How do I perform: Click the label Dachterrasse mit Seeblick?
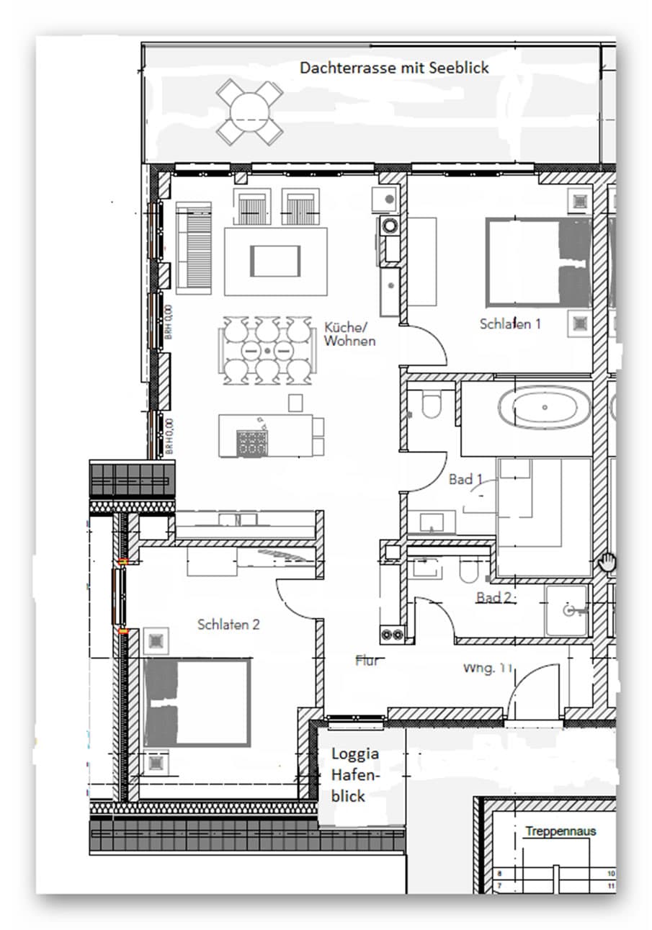[x=394, y=68]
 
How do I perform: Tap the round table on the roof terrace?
[x=250, y=112]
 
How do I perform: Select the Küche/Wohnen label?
[x=349, y=334]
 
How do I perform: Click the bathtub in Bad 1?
[x=544, y=408]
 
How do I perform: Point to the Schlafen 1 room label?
[x=510, y=324]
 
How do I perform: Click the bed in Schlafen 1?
[x=539, y=263]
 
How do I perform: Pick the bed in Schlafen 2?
[x=197, y=702]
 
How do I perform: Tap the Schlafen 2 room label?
[x=228, y=625]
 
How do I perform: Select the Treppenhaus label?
[x=561, y=831]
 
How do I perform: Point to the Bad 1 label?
[x=465, y=479]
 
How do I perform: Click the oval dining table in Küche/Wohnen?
[x=267, y=349]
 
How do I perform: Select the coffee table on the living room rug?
[x=274, y=260]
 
